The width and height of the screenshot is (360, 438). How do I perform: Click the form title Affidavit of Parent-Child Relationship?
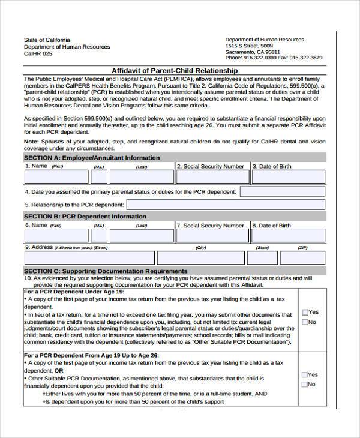[x=175, y=71]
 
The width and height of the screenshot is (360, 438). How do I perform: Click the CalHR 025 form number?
[x=38, y=53]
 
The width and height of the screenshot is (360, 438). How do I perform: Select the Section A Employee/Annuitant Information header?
[x=92, y=158]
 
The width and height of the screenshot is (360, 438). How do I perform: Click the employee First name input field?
[x=57, y=176]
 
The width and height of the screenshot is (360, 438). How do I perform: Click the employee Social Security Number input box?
[x=211, y=176]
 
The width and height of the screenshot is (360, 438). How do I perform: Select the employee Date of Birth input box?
[x=287, y=176]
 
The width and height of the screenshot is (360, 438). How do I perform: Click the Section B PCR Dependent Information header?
[x=85, y=217]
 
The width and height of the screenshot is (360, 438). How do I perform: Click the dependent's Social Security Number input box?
[x=211, y=236]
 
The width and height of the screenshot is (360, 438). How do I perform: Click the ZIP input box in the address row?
[x=303, y=257]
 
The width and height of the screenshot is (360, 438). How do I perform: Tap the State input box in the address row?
[x=262, y=257]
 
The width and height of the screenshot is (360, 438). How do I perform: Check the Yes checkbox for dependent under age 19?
[x=305, y=312]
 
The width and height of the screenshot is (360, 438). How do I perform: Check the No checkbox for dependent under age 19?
[x=305, y=322]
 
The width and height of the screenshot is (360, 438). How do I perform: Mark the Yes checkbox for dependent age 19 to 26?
[x=305, y=374]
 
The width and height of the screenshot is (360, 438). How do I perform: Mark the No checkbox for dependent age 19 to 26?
[x=305, y=385]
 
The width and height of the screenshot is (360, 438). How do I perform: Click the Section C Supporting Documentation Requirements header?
[x=106, y=271]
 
